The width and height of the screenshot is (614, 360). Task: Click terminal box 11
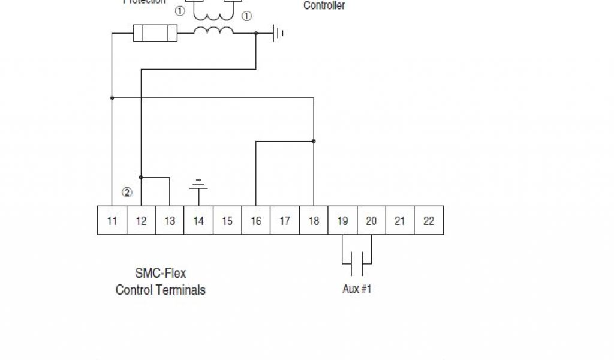tap(112, 221)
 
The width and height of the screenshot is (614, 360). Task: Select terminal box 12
tap(141, 221)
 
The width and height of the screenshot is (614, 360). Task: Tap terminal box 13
tap(170, 221)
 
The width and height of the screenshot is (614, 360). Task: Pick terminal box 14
tap(198, 221)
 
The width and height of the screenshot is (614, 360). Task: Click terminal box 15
tap(227, 221)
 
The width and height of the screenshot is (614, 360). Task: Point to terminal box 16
tap(256, 221)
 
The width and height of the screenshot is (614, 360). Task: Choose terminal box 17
tap(285, 221)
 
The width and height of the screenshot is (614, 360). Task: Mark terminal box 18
tap(314, 221)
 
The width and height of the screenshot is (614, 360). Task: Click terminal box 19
tap(342, 221)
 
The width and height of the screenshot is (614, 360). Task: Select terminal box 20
tap(371, 221)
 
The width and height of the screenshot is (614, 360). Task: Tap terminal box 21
tap(400, 221)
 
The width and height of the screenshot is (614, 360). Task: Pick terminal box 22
tap(429, 221)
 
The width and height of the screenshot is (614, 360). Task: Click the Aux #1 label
tap(357, 289)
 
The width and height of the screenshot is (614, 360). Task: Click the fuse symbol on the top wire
tap(155, 33)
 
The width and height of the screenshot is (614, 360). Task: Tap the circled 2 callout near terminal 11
tap(127, 193)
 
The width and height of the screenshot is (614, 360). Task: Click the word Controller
tap(324, 6)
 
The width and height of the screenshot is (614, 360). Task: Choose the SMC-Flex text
tap(161, 274)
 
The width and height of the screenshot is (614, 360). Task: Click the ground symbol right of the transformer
tap(278, 33)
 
